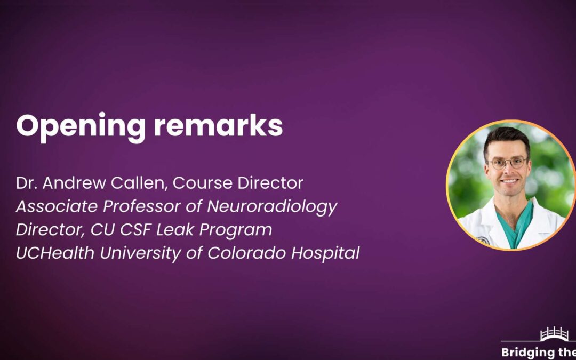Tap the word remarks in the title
coord(218,125)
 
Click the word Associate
coord(57,206)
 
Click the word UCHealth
coord(55,253)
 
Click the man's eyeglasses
coord(508,163)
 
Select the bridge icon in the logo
coord(554,334)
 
